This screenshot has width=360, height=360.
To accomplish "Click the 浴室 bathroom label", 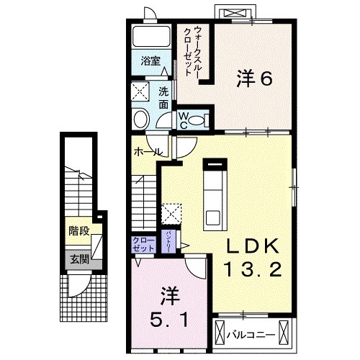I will click(149, 60).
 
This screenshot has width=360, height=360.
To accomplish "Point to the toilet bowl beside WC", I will click(202, 120).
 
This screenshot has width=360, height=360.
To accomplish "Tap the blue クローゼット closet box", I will click(143, 243).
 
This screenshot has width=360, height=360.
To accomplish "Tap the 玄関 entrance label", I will click(79, 258).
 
